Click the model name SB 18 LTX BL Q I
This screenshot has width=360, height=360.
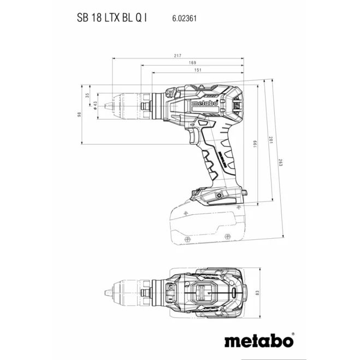(111, 17)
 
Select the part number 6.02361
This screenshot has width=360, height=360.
(184, 19)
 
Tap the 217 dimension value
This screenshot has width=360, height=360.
(178, 56)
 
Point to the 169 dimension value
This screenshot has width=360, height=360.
(192, 62)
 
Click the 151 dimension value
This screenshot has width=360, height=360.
(198, 70)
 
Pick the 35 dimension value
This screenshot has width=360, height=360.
(87, 95)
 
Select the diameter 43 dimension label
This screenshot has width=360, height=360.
(95, 105)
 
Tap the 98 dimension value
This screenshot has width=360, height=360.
(79, 114)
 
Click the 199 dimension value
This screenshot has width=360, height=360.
(255, 144)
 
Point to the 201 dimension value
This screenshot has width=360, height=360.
(271, 140)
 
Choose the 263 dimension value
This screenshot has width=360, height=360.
(281, 162)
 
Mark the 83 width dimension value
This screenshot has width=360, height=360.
(257, 293)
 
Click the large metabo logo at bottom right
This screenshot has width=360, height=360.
(258, 341)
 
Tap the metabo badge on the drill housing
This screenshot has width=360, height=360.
(205, 103)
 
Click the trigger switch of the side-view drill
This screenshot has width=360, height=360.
(194, 136)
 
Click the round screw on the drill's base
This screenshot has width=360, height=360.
(219, 196)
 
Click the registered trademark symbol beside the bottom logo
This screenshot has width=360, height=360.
(293, 334)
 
